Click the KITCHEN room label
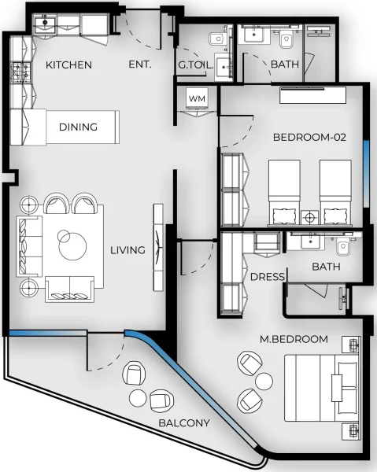click(68, 65)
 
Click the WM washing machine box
click(196, 98)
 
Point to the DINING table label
click(78, 127)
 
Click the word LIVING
click(128, 250)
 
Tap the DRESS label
click(267, 277)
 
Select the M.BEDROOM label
click(294, 339)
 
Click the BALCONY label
click(184, 423)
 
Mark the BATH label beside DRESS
click(325, 267)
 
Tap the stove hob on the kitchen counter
click(20, 75)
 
